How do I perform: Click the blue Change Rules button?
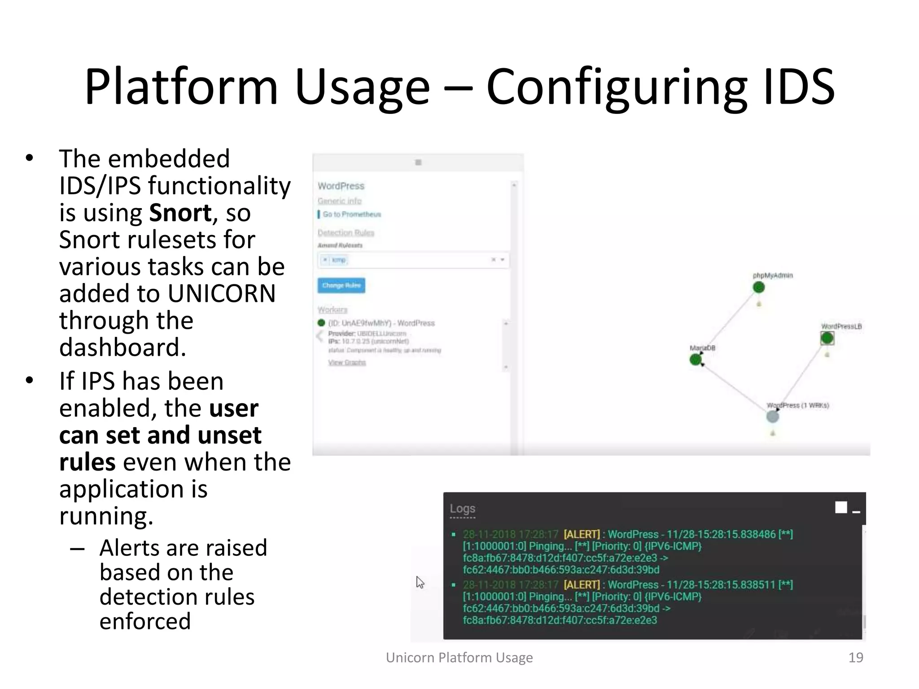point(341,285)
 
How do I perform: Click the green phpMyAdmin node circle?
point(758,288)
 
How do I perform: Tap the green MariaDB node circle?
point(696,359)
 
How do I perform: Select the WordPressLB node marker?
point(827,338)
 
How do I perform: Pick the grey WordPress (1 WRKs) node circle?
point(772,417)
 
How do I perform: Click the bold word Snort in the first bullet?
point(180,213)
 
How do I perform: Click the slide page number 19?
point(855,658)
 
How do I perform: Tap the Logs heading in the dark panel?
point(462,509)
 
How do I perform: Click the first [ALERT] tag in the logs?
point(582,534)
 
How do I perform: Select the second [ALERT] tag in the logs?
point(582,584)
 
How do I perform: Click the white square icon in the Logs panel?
point(841,507)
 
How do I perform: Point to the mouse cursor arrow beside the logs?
point(420,582)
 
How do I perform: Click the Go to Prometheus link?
point(351,214)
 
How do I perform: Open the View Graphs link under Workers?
point(347,362)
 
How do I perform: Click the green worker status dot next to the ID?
point(321,323)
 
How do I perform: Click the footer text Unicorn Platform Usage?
point(459,658)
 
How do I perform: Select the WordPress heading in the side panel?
point(341,186)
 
